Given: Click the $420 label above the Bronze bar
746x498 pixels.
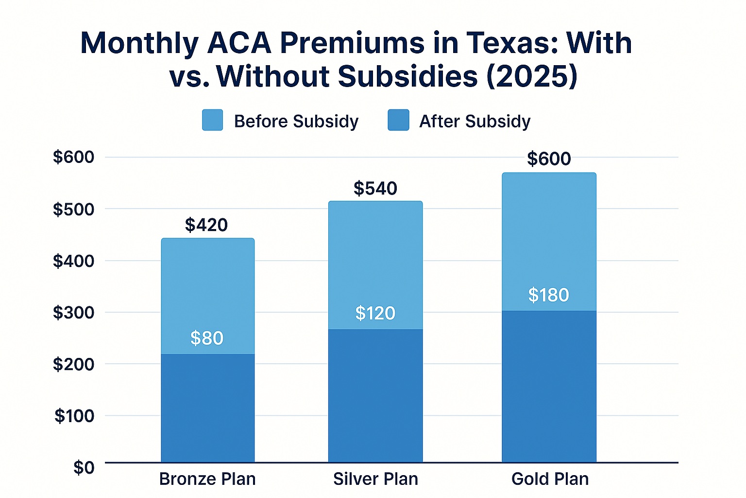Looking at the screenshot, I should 206,225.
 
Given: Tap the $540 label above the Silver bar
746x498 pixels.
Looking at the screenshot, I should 375,188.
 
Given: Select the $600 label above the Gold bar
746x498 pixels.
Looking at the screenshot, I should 549,159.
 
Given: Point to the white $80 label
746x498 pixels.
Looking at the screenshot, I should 207,338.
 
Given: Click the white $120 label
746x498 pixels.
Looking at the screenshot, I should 375,313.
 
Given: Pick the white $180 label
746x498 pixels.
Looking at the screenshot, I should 549,295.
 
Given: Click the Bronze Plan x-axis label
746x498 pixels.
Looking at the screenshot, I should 207,479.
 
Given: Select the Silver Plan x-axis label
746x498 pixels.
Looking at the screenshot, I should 375,479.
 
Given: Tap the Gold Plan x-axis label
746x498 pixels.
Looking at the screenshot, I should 550,479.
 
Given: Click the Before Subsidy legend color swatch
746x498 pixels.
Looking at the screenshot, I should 213,120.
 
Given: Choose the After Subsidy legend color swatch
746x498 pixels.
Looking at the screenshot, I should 398,120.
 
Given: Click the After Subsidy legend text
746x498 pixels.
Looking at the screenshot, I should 475,121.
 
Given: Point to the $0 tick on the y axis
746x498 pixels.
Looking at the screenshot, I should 84,467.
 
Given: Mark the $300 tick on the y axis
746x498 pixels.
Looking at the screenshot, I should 73,312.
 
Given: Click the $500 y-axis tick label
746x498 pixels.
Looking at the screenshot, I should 73,209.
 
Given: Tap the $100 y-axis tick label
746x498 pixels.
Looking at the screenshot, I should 74,416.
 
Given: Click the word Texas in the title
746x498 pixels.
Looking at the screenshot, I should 509,43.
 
